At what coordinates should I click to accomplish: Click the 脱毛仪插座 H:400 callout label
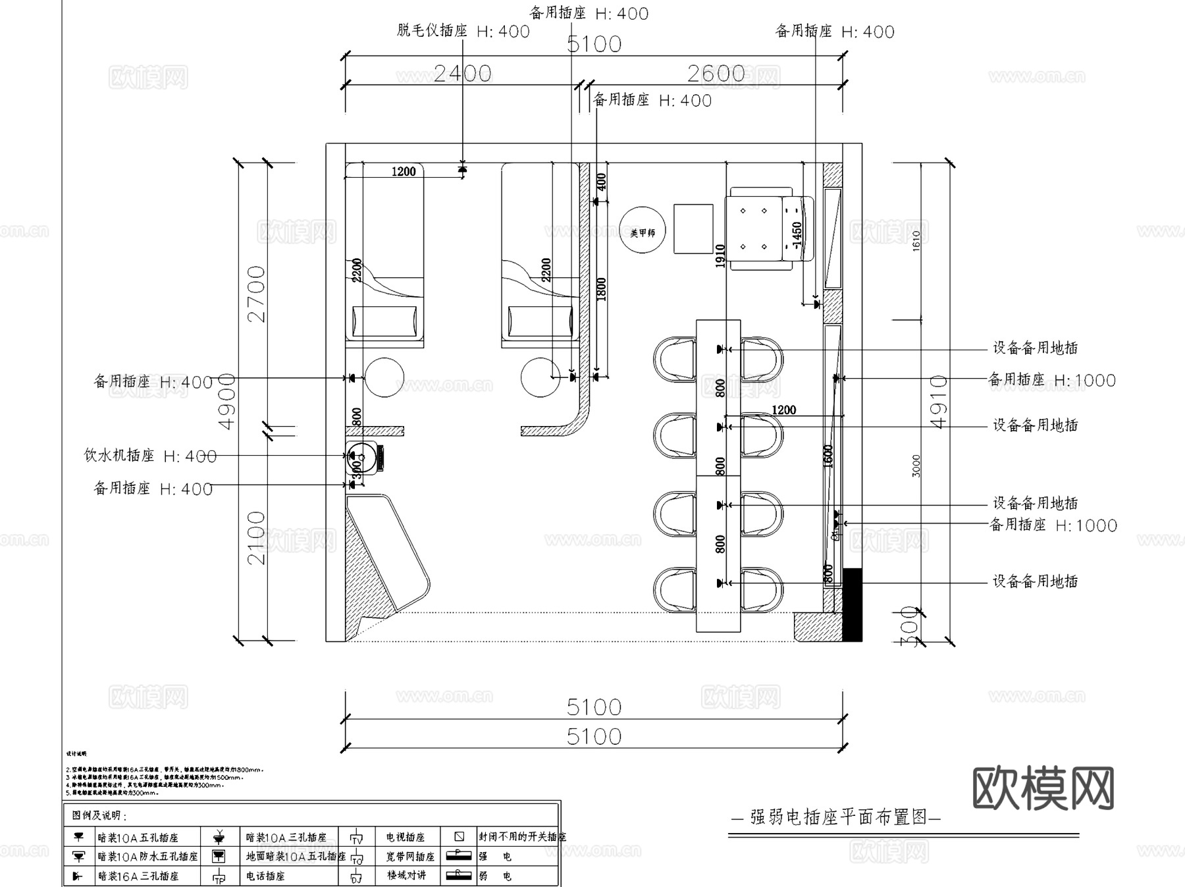tap(463, 31)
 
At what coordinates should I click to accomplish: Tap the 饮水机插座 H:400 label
tap(150, 456)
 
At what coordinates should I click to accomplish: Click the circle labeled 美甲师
tap(643, 232)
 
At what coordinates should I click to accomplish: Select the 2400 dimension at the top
tap(462, 73)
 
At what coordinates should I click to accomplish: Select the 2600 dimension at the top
tap(716, 73)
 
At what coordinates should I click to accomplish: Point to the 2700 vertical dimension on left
tap(255, 294)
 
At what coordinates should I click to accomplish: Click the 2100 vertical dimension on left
tap(255, 538)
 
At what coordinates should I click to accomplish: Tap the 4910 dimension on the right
tap(939, 402)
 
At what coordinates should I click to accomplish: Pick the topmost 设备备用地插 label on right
tap(1035, 348)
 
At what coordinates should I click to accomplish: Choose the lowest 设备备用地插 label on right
tap(1035, 581)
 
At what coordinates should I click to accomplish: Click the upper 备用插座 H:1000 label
tap(1051, 380)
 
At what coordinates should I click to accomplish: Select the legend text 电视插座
tap(406, 838)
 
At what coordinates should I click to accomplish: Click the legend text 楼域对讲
tap(406, 875)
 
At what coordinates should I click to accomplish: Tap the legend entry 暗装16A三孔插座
tap(138, 876)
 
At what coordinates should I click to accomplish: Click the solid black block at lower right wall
tap(852, 605)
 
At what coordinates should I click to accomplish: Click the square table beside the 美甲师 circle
tap(693, 228)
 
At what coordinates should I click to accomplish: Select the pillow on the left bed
tap(384, 321)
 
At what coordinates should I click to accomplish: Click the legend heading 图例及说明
tap(99, 815)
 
